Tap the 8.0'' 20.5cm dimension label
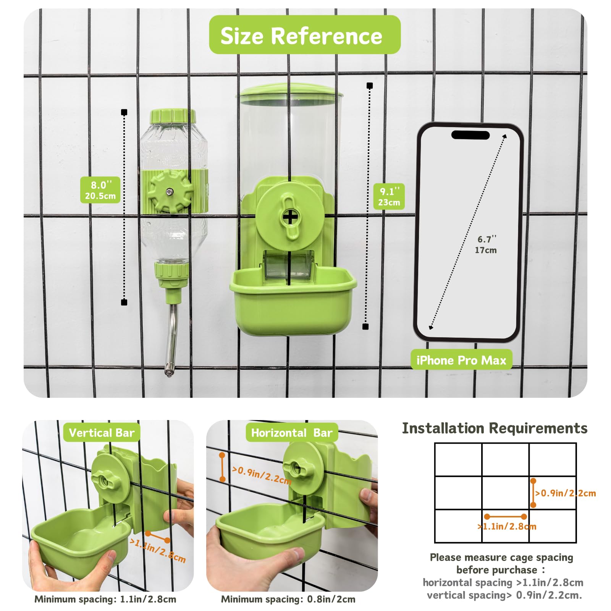point(100,190)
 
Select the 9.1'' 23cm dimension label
point(389,196)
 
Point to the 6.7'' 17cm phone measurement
point(486,244)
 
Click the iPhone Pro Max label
point(461,360)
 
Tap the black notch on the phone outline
point(470,135)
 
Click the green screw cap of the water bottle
point(173,116)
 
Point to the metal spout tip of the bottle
point(168,370)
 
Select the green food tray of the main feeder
point(293,302)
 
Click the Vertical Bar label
point(102,433)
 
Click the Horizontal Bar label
point(292,433)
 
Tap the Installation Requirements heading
point(495,428)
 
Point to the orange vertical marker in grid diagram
point(533,493)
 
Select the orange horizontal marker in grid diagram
point(505,516)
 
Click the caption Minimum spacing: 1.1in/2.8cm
point(105,599)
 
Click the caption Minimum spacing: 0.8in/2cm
point(288,599)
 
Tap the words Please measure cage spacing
point(501,557)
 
